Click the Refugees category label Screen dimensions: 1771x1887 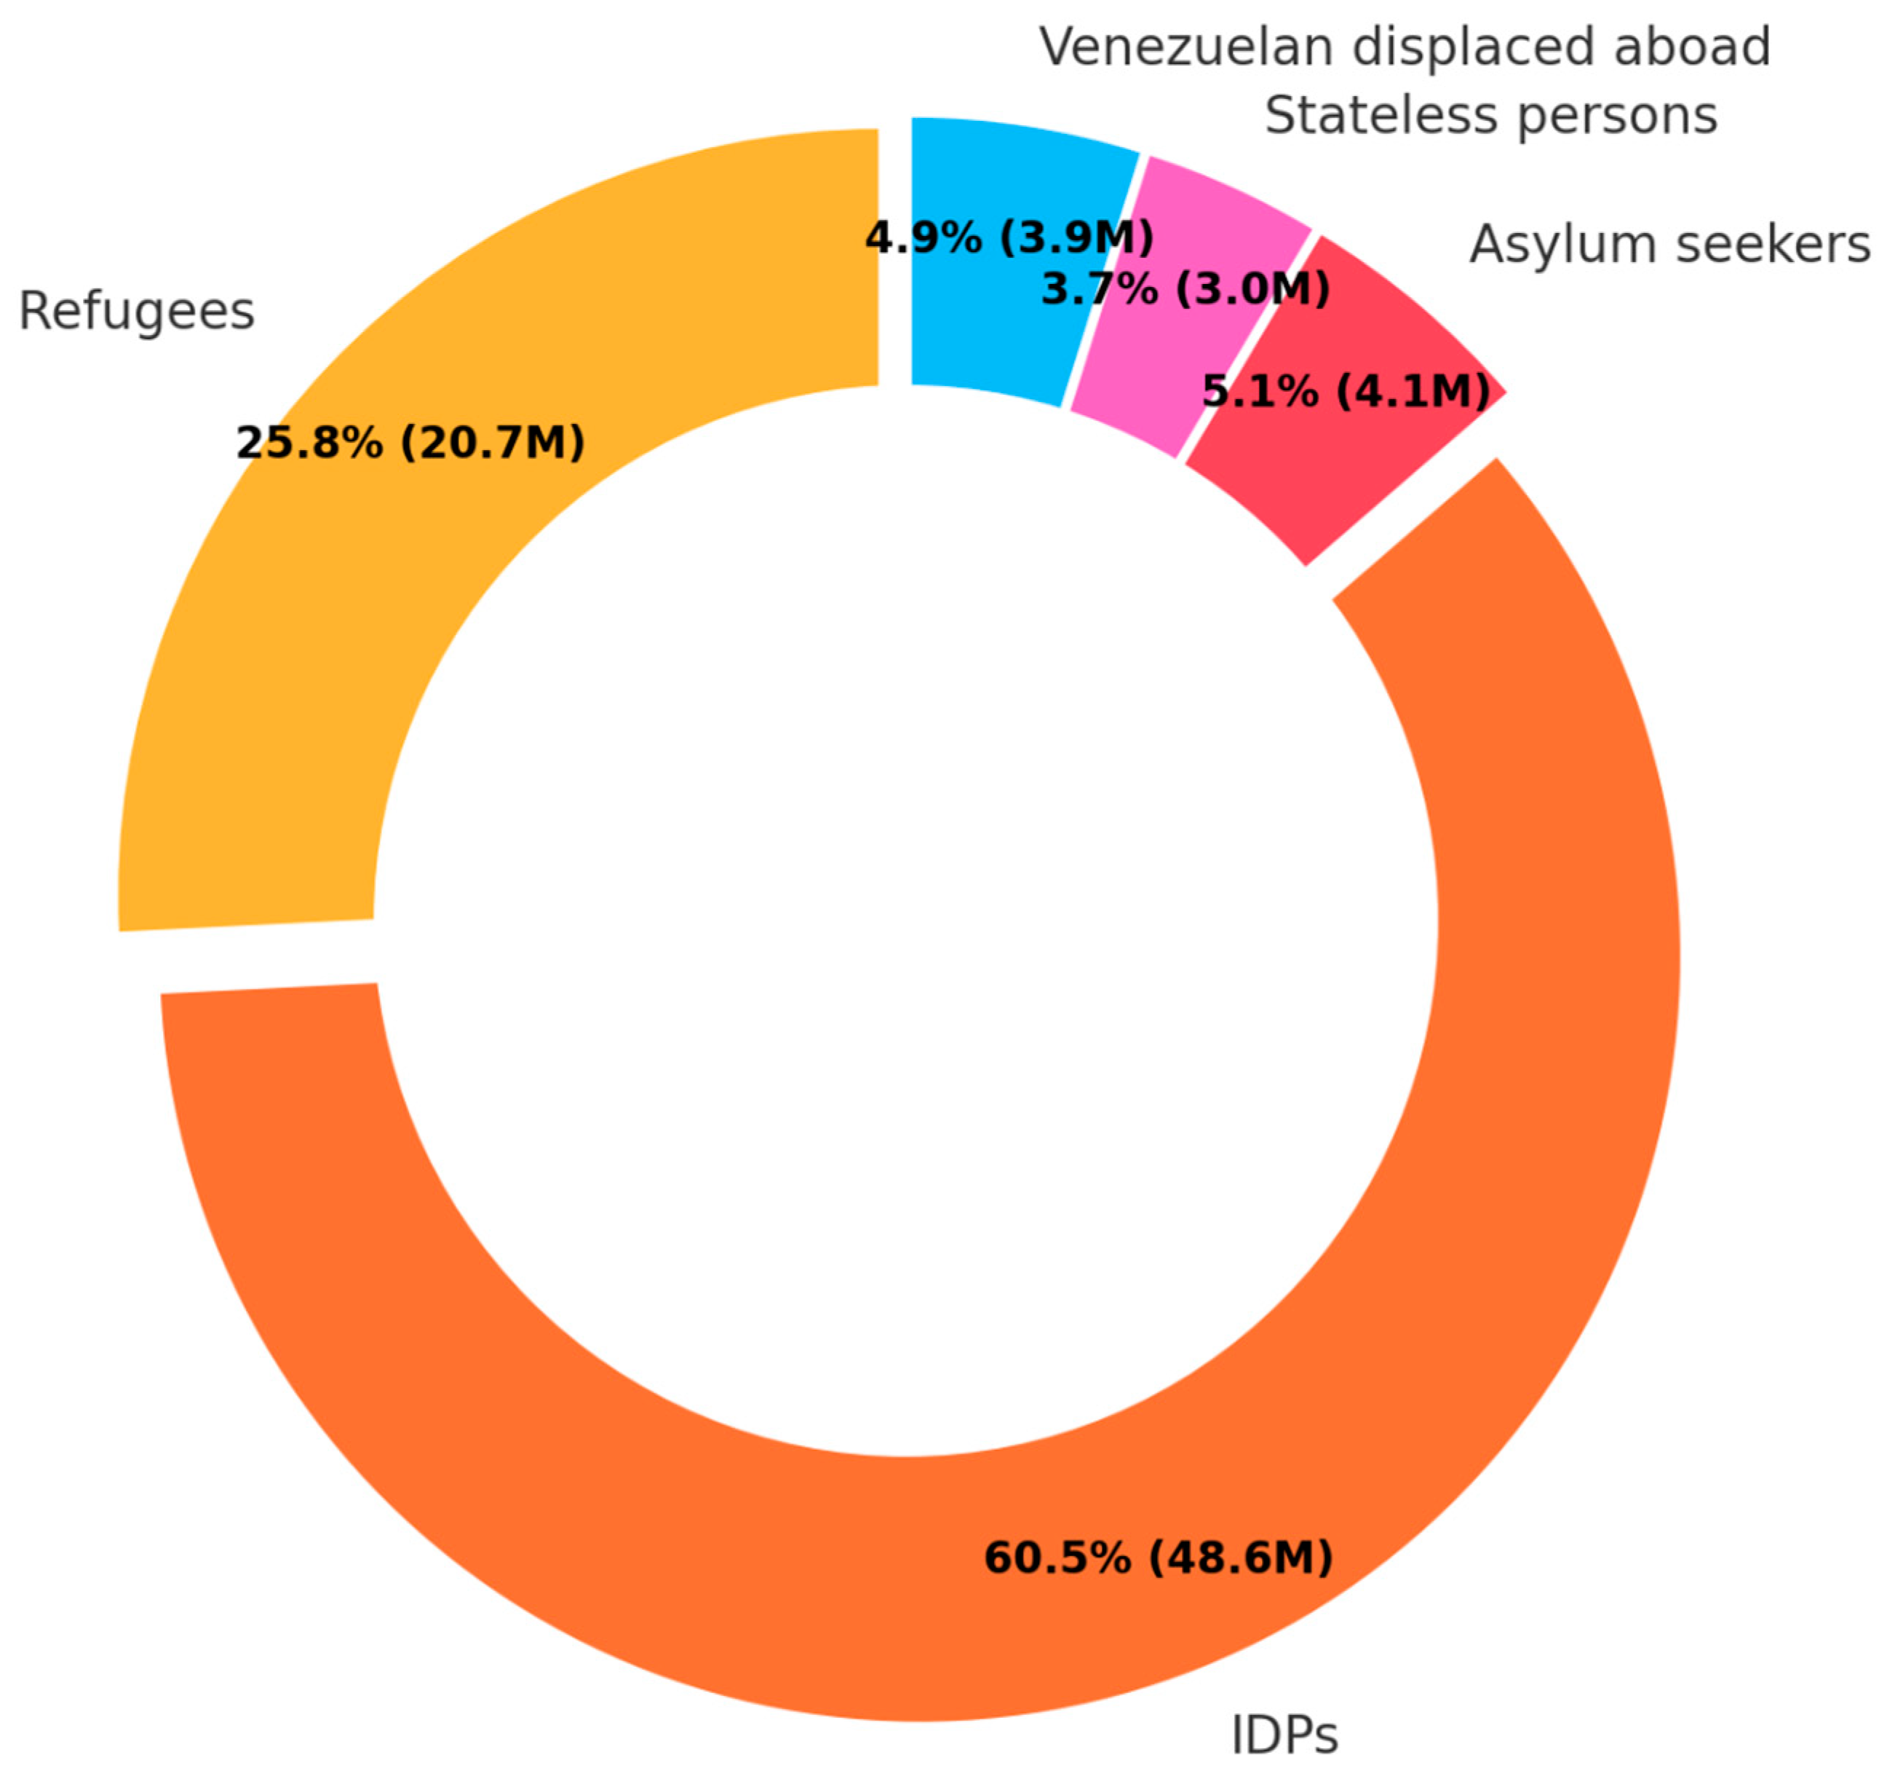[x=137, y=312]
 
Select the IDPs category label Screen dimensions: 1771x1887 [x=1284, y=1735]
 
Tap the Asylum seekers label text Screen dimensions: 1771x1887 [x=1669, y=244]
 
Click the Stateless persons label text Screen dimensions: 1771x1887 [x=1490, y=116]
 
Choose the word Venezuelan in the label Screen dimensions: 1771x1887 [x=1186, y=47]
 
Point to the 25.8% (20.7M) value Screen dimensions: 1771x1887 [x=410, y=443]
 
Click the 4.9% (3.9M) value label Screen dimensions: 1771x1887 [x=1009, y=237]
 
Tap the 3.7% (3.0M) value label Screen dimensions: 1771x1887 [x=1185, y=288]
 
